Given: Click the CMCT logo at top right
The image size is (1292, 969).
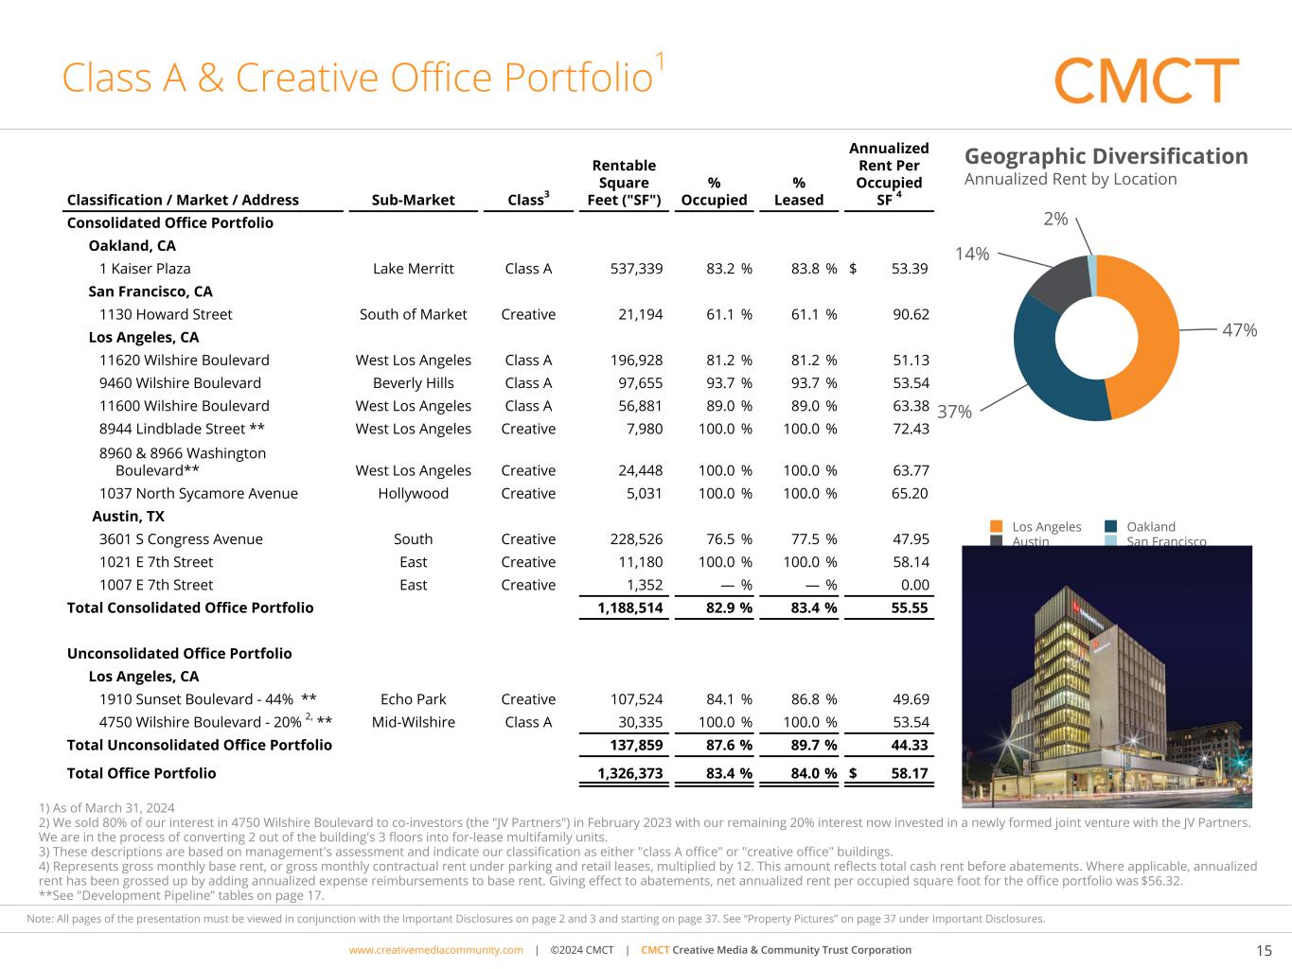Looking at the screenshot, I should click(x=1146, y=80).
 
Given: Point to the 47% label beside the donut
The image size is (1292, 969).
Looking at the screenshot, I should click(x=1239, y=330).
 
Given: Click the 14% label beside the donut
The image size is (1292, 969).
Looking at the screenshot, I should click(x=972, y=254).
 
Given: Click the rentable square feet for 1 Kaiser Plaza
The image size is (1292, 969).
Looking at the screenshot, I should click(x=636, y=269).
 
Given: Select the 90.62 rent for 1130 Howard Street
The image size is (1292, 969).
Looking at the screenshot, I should click(x=910, y=314).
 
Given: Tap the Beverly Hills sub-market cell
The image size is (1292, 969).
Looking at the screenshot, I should click(x=413, y=383).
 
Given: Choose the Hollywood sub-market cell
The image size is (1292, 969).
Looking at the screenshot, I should click(x=413, y=493).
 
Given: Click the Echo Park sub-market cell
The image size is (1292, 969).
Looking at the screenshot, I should click(x=413, y=699).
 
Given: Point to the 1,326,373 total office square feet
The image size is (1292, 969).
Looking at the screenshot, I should click(x=629, y=773).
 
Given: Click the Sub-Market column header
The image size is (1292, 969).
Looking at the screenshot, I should click(x=413, y=200).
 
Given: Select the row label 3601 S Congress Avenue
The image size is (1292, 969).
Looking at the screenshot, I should click(x=181, y=539).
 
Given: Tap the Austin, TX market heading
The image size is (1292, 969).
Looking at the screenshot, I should click(x=128, y=517).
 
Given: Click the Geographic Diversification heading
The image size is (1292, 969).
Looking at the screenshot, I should click(x=1106, y=156).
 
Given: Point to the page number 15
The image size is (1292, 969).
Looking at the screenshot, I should click(x=1264, y=951).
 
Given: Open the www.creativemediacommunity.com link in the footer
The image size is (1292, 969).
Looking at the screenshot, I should click(x=435, y=950).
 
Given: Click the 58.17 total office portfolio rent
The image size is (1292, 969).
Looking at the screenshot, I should click(x=910, y=773).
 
